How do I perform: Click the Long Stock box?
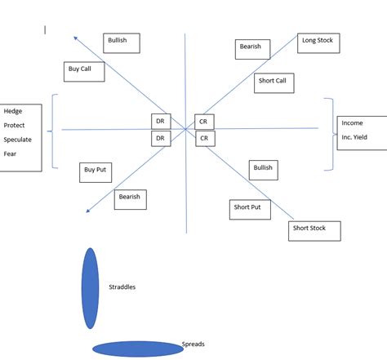click(x=317, y=42)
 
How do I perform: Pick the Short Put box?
click(x=248, y=209)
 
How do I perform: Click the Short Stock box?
click(x=314, y=230)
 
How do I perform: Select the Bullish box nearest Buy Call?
click(x=122, y=42)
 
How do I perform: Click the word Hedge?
click(x=12, y=111)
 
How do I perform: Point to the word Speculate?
click(x=17, y=140)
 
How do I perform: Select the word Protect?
click(x=14, y=125)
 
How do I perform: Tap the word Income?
click(x=352, y=122)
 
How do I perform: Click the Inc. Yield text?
click(x=354, y=137)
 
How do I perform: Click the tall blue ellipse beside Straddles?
click(x=90, y=288)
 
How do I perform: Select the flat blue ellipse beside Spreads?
click(x=137, y=349)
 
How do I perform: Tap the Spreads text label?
click(x=193, y=344)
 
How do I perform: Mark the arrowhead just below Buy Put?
click(x=87, y=211)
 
